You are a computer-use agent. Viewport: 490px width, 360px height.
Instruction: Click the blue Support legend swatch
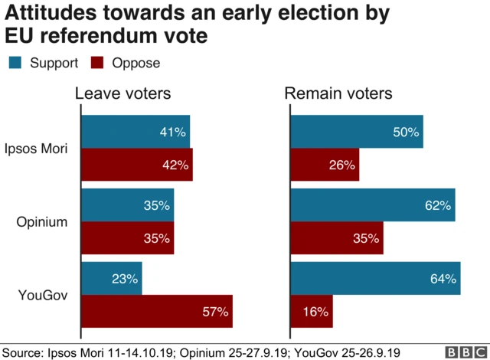coord(16,63)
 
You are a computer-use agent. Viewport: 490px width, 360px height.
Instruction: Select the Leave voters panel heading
coord(122,94)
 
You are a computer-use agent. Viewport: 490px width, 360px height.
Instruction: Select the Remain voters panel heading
coord(338,94)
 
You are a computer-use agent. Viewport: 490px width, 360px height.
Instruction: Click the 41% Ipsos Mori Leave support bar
coord(136,133)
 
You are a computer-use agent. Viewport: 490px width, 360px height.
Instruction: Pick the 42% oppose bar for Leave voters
coord(136,165)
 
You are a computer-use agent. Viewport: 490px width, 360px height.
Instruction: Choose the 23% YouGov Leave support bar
coord(112,280)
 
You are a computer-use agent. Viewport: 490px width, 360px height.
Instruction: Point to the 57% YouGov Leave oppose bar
coord(156,311)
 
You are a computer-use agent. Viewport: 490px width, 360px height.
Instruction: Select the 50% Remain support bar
coord(357,133)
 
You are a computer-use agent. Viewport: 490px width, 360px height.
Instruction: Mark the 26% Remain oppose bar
coord(325,165)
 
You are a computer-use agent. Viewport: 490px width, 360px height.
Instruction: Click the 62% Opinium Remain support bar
coord(373,205)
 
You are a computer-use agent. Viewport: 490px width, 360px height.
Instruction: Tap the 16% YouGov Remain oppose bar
coord(312,311)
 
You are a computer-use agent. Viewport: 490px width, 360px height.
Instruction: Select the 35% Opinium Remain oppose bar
coord(337,238)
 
